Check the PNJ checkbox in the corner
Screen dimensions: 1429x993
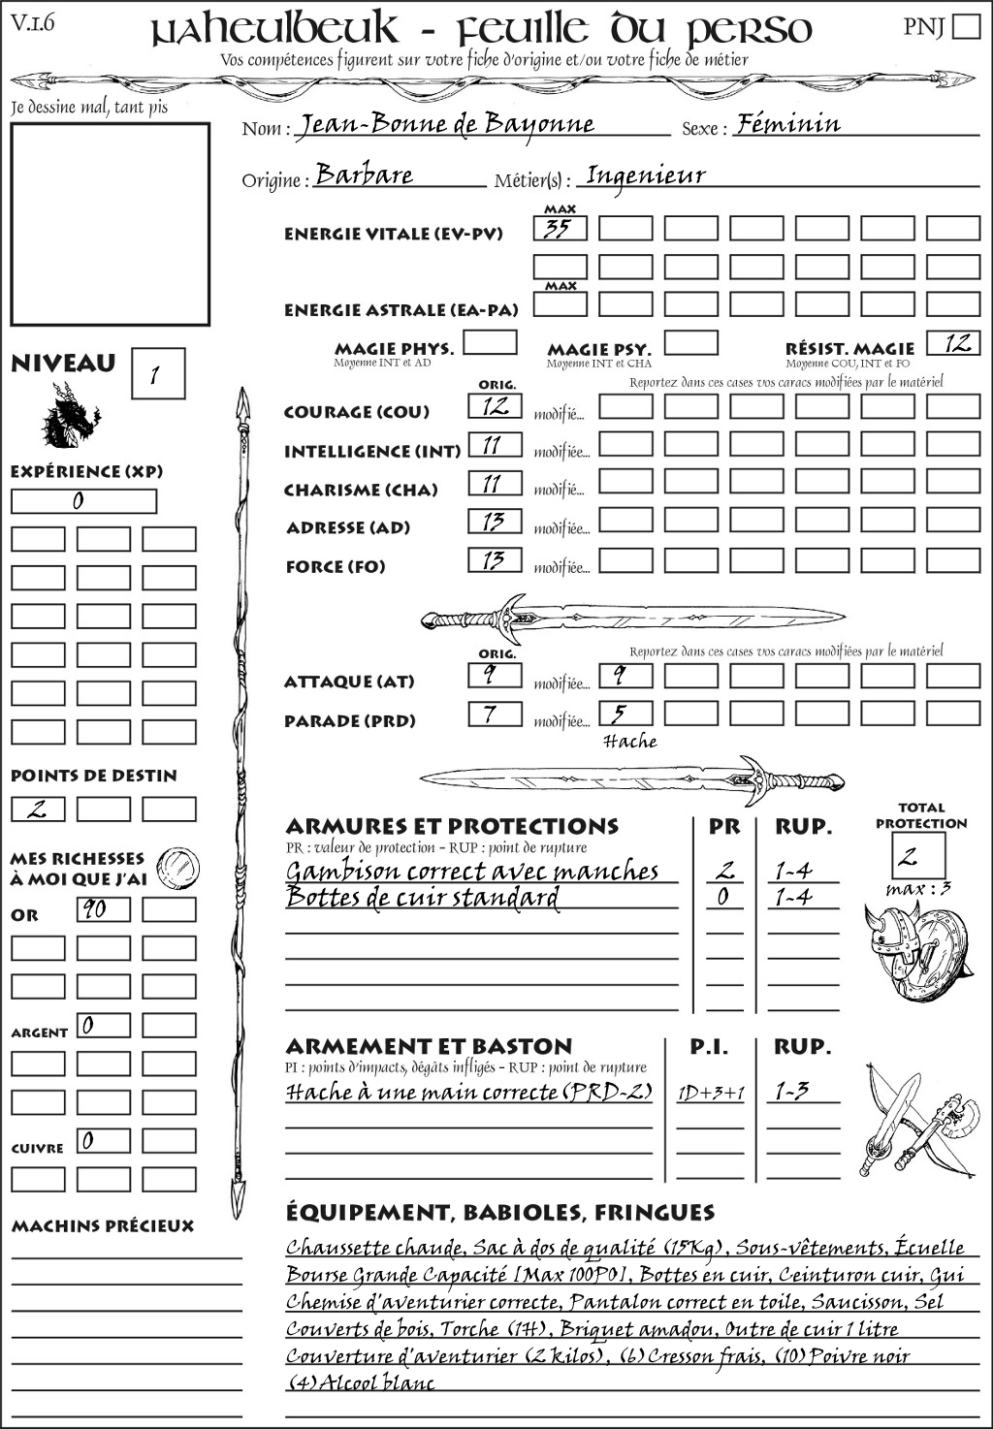(966, 26)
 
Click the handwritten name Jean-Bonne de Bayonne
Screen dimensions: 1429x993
(445, 124)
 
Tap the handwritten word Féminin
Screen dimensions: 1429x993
(787, 123)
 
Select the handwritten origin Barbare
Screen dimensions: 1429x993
(365, 175)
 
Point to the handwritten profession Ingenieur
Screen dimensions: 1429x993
(646, 175)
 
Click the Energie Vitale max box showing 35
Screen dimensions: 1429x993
(560, 229)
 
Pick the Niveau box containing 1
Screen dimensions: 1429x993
(157, 374)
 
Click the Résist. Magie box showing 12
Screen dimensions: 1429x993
(953, 343)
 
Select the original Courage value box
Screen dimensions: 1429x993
(495, 406)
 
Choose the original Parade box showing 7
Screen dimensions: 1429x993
(495, 714)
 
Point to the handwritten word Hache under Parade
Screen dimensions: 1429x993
(630, 742)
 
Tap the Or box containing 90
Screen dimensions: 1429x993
(103, 909)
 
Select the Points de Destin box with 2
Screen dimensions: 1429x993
(38, 809)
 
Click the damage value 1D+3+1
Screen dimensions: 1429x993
(711, 1093)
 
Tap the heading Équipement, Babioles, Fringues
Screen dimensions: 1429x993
(499, 1212)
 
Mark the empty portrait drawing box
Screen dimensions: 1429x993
(110, 224)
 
